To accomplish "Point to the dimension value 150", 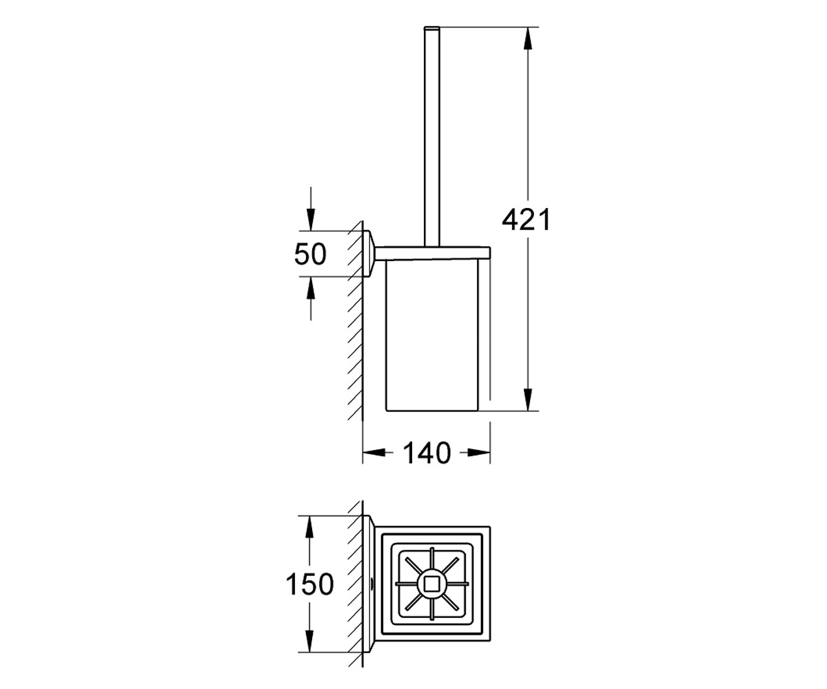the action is coord(309,584).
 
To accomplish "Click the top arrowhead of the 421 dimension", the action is coord(527,39).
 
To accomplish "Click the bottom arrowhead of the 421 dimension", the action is coord(527,400).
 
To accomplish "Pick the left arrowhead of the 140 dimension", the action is coord(374,452).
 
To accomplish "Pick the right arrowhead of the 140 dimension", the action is coord(479,452).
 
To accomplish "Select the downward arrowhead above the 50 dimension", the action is coord(311,219).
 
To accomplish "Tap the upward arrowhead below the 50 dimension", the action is coord(311,288).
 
